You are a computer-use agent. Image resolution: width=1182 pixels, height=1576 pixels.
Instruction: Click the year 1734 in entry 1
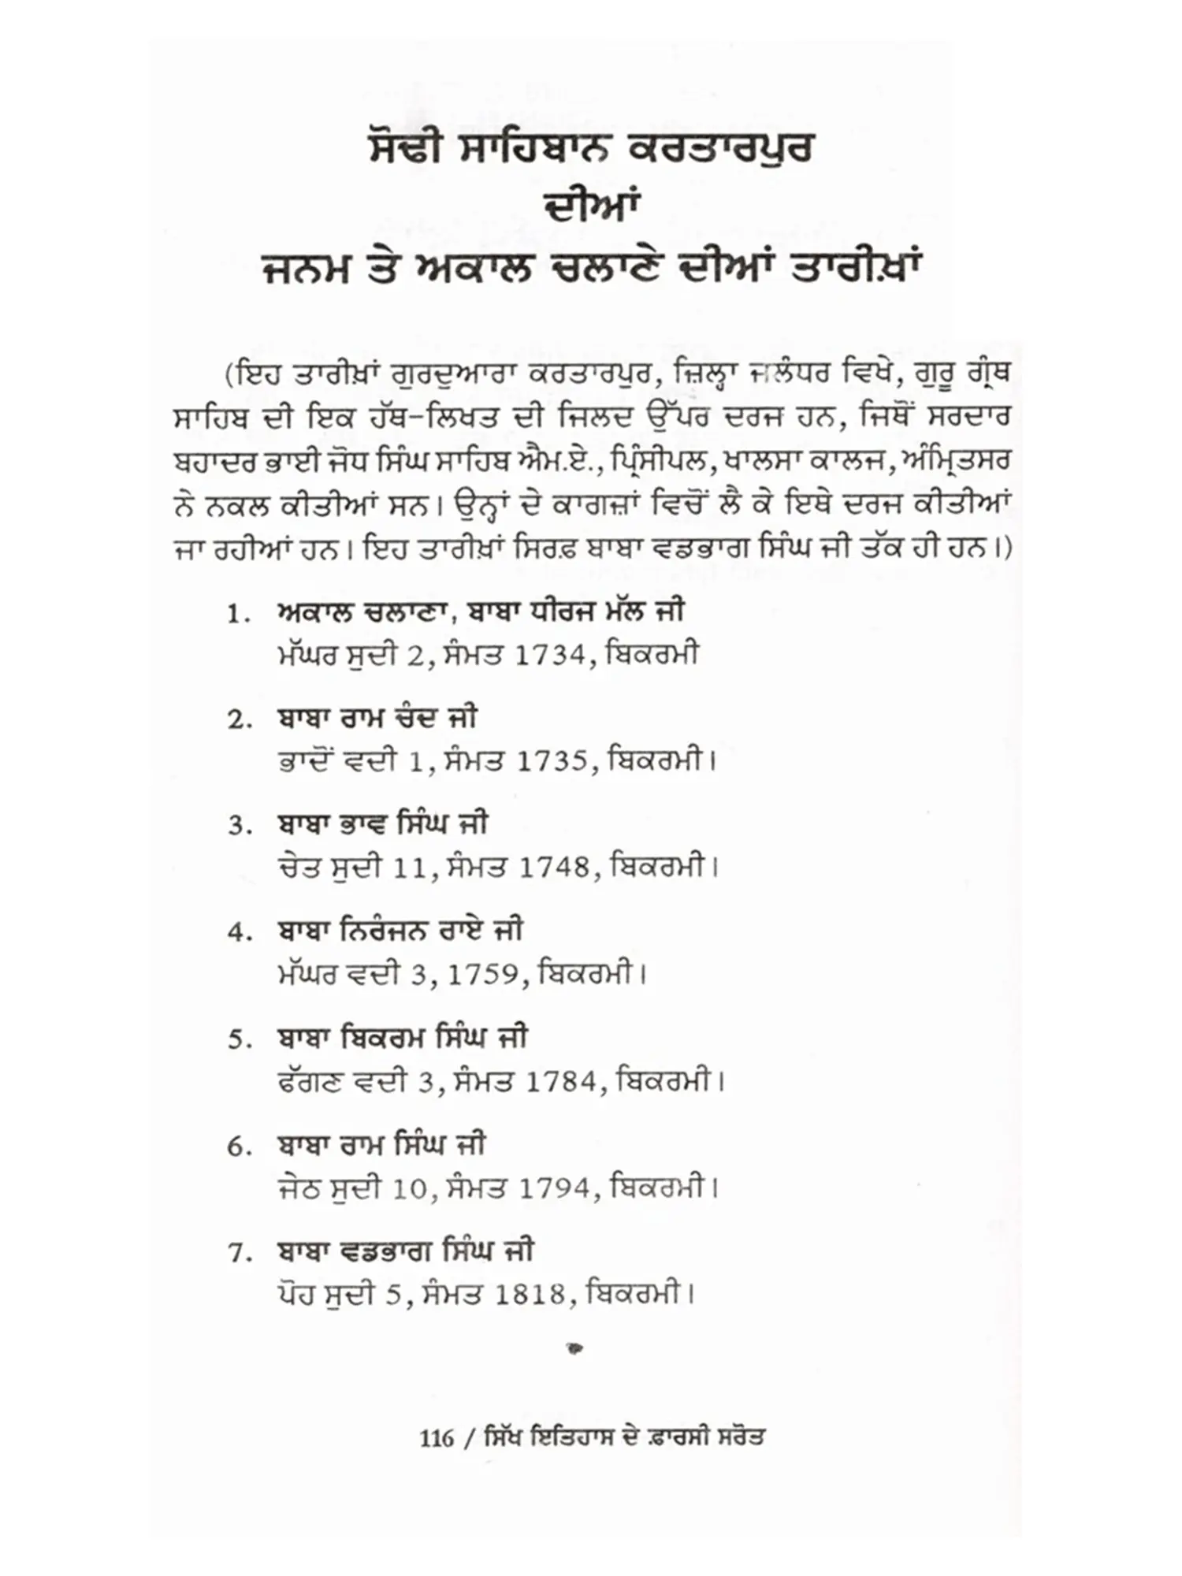tap(549, 656)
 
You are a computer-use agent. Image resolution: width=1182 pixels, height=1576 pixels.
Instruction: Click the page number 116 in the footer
tap(437, 1438)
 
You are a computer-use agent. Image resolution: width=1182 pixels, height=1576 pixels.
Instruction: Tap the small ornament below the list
tap(576, 1349)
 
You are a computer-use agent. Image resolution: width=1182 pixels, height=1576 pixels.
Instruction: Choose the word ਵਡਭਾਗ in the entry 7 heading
tap(385, 1251)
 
